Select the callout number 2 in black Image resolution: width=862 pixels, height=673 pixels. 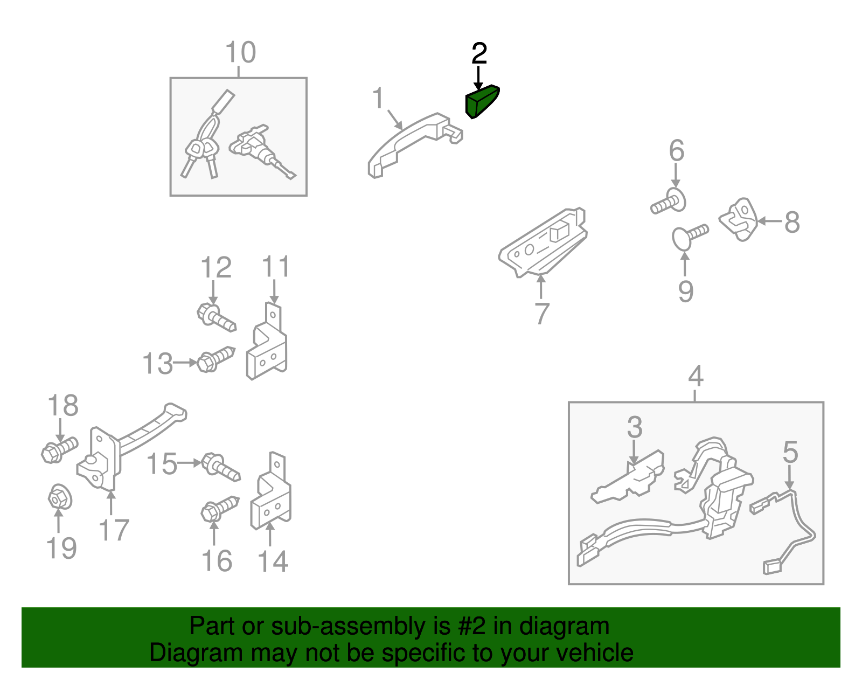click(479, 54)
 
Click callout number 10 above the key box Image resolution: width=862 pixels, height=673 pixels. click(240, 53)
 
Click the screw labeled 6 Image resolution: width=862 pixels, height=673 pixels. click(669, 202)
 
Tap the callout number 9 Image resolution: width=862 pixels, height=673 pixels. click(685, 292)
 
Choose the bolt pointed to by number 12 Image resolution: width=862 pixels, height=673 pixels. click(216, 317)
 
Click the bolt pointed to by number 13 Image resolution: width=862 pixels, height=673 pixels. click(215, 358)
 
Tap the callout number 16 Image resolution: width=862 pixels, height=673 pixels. click(217, 561)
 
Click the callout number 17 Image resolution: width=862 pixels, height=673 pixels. click(114, 530)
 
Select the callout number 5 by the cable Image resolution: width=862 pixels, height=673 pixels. click(790, 452)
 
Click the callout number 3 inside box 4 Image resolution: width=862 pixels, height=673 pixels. click(635, 427)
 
